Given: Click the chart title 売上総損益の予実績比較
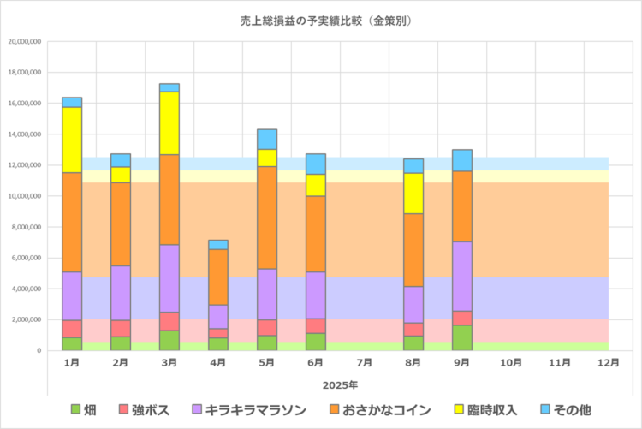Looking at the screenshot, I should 322,20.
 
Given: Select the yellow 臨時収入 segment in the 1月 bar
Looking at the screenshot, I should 72,140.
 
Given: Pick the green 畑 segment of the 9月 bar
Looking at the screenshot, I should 462,337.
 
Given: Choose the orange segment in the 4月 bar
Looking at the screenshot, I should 218,277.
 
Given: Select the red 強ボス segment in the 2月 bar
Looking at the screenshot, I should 121,328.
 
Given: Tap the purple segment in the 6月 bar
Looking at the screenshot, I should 316,295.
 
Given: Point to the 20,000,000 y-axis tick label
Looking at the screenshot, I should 24,41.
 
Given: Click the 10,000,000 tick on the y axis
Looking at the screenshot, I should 24,196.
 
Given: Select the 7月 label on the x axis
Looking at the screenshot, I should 365,363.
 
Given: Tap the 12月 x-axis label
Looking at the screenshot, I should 609,363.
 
